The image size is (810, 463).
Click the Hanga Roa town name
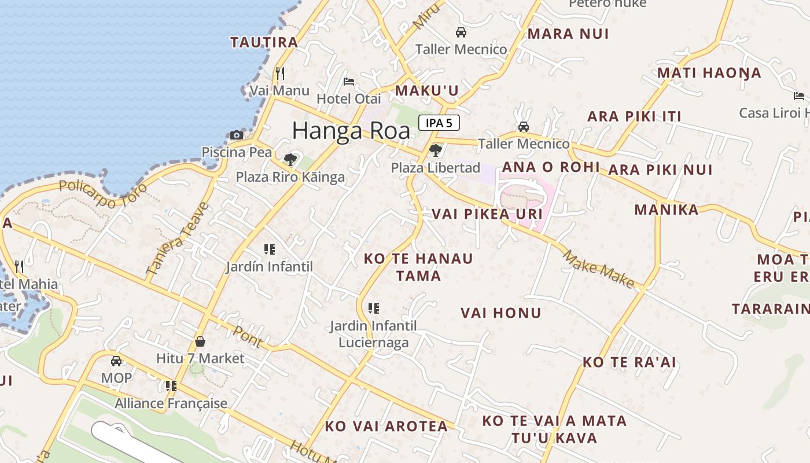(x=351, y=131)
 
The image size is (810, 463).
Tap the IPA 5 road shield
(x=439, y=123)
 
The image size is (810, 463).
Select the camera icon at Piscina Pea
(x=237, y=135)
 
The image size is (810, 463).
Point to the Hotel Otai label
(x=349, y=99)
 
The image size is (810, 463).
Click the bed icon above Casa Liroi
(x=799, y=95)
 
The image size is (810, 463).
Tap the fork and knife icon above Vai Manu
(x=280, y=73)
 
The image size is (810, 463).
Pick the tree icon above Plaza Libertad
(x=436, y=150)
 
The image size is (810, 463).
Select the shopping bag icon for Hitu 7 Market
(x=200, y=341)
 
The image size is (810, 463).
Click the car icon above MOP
(x=116, y=361)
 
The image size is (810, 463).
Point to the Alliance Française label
(x=171, y=403)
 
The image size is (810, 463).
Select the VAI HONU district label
(x=501, y=313)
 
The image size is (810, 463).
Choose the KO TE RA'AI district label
(x=629, y=362)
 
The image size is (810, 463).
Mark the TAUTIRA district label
(x=264, y=42)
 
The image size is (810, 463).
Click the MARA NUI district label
(x=568, y=34)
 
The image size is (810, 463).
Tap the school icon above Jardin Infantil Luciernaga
(x=374, y=308)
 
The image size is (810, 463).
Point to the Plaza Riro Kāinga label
(x=290, y=177)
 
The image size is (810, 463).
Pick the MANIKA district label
(x=667, y=210)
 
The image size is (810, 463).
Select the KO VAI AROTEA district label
(x=386, y=427)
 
